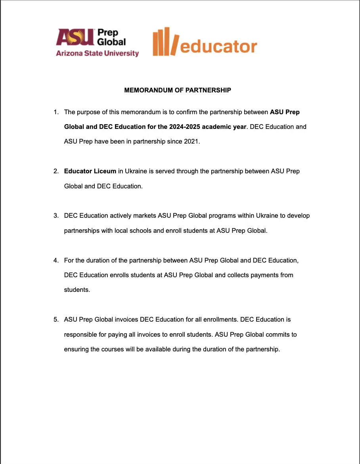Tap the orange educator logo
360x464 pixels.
(205, 42)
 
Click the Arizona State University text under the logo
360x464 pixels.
(97, 54)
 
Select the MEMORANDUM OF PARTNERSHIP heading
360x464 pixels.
(178, 90)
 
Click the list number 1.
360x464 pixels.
(56, 112)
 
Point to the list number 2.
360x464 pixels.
(56, 171)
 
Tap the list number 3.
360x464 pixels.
(56, 216)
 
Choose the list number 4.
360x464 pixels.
(56, 261)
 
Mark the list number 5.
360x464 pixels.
(56, 319)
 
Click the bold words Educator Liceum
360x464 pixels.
(90, 171)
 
